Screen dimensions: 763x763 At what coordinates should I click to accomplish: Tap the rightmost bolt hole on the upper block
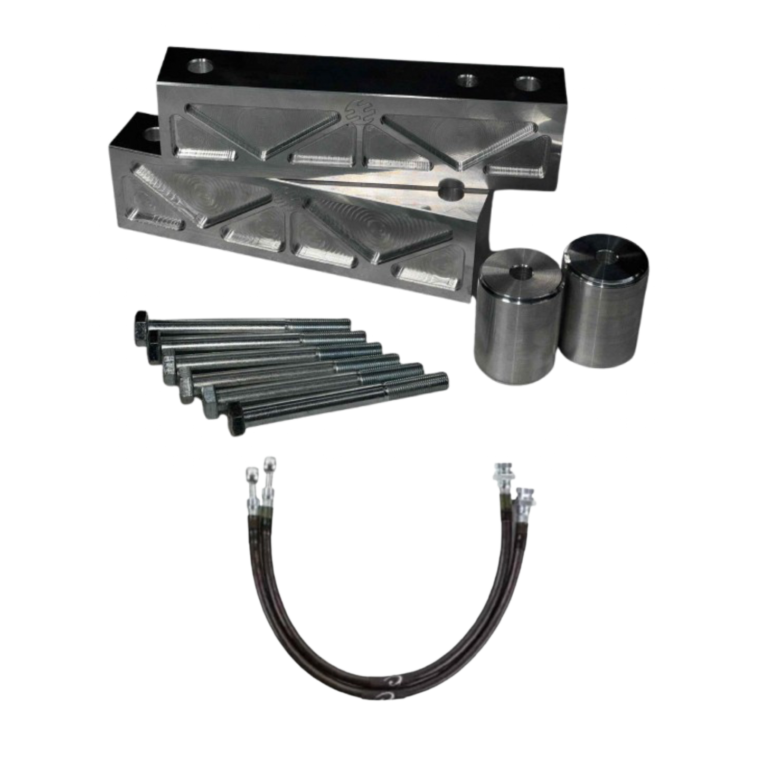526,84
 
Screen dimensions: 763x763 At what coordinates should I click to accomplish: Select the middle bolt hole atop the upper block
467,81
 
